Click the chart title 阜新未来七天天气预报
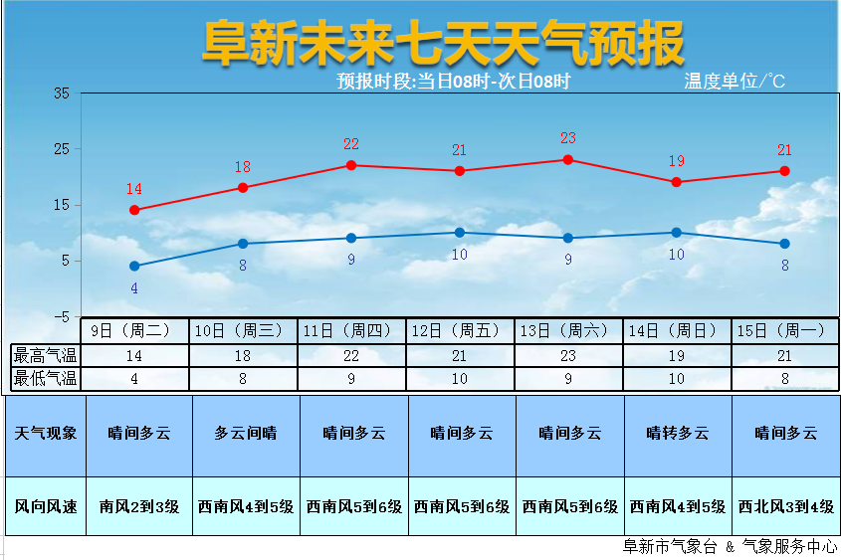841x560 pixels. coord(443,44)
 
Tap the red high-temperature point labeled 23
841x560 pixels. coord(568,159)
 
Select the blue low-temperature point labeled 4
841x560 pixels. coord(134,266)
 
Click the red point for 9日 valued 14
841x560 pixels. coord(134,210)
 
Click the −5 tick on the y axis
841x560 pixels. coord(60,316)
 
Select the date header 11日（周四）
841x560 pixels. coord(352,330)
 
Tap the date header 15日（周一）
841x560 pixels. coord(784,330)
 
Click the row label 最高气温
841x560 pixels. coord(45,355)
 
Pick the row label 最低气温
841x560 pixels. coord(45,378)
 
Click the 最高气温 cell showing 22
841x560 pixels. coord(352,355)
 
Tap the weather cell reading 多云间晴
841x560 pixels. coord(246,434)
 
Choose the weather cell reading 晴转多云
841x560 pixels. coord(678,434)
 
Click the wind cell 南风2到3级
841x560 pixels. coord(139,506)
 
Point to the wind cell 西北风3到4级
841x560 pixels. coord(785,506)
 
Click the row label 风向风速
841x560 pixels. coord(46,506)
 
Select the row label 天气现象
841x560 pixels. coord(46,434)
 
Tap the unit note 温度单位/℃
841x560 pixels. coord(735,82)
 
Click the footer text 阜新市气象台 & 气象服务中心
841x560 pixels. coord(729,547)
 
